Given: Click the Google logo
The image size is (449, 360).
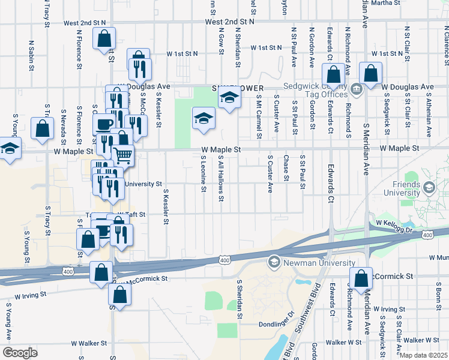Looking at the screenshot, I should [20, 353].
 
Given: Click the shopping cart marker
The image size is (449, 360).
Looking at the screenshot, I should [123, 155].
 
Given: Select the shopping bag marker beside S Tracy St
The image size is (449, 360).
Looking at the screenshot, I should [42, 129].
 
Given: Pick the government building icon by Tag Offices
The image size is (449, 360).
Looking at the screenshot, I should [356, 91].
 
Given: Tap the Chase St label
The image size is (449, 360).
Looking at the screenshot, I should [286, 167].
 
